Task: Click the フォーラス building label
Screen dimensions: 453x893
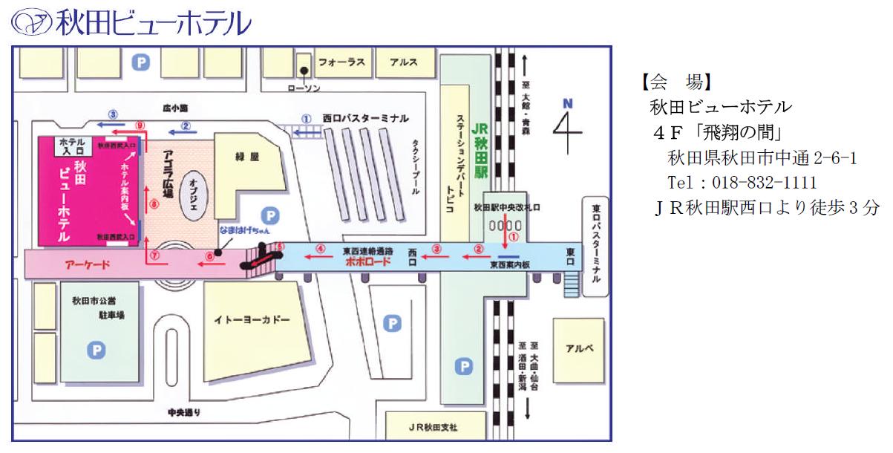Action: [341, 62]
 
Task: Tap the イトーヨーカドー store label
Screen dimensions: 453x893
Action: [252, 320]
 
